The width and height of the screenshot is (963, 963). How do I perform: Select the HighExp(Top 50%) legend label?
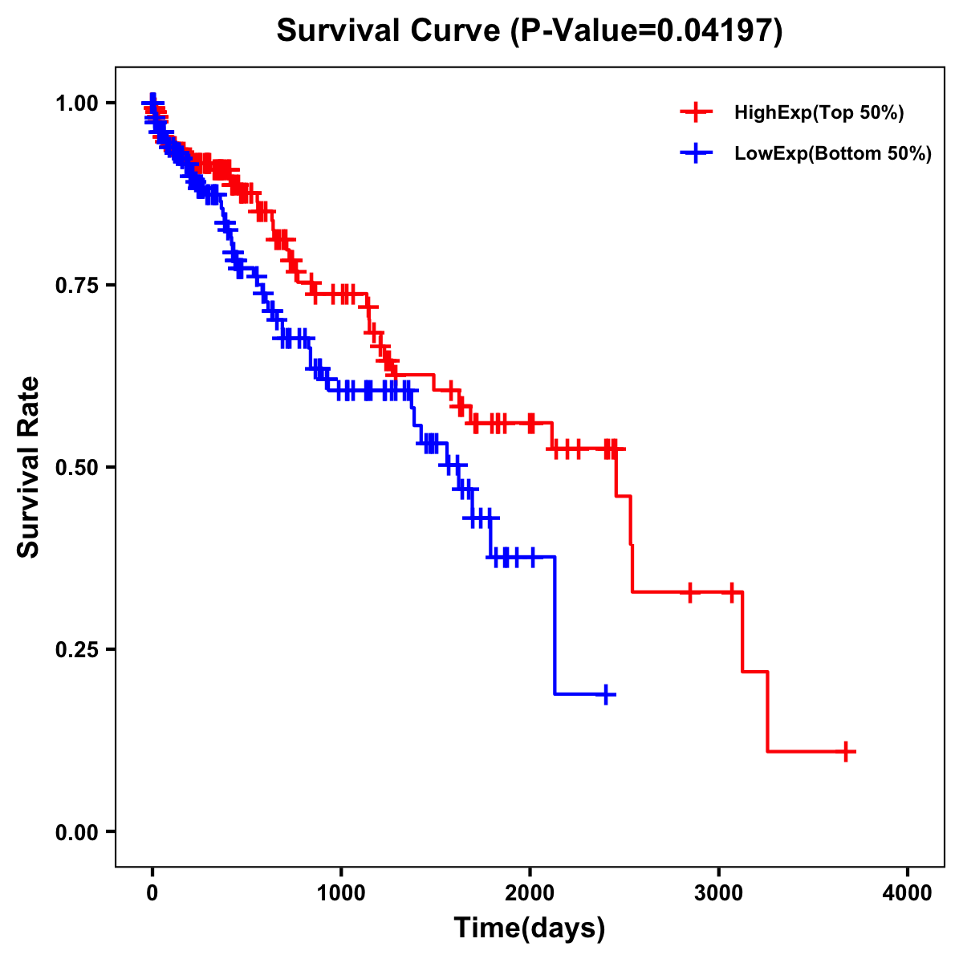coord(819,113)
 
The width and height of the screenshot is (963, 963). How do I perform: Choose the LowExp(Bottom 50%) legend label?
coord(833,154)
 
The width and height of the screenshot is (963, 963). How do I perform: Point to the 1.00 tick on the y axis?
coord(76,103)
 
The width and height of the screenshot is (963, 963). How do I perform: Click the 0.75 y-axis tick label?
coord(76,285)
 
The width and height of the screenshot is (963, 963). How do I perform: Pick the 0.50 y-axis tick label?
coord(76,467)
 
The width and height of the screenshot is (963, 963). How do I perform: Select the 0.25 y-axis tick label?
coord(76,649)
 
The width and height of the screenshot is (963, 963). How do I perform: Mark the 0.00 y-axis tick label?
coord(76,831)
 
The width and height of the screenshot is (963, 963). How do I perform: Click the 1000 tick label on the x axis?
coord(341,893)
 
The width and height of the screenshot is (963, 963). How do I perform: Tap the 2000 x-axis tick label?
coord(530,893)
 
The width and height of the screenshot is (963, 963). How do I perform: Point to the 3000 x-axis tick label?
coord(719,893)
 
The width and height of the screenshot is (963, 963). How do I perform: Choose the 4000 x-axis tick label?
coord(908,893)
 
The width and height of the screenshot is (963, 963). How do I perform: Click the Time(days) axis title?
coord(530,928)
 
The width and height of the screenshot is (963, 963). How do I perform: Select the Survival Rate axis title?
coord(29,467)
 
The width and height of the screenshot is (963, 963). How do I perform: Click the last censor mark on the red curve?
coord(846,751)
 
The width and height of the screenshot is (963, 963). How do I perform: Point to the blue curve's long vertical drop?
coord(555,626)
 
